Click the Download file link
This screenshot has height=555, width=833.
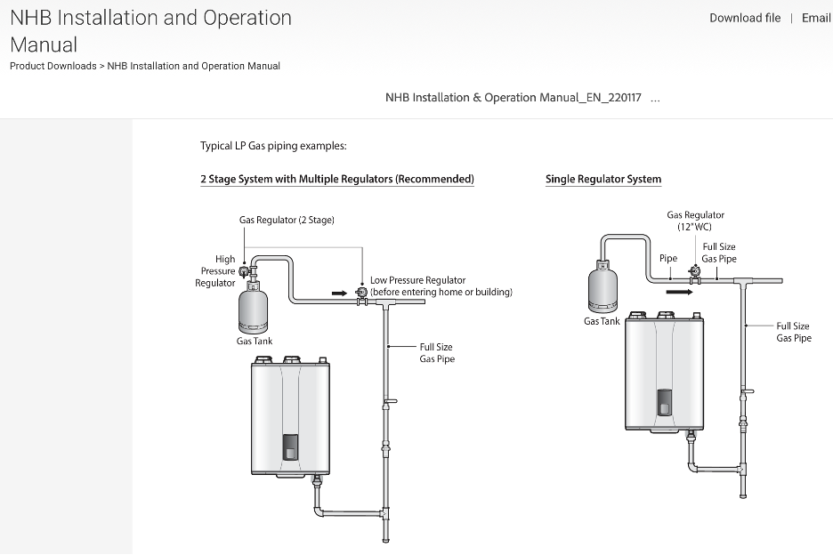745,18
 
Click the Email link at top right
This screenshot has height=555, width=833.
815,18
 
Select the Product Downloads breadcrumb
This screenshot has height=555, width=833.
53,66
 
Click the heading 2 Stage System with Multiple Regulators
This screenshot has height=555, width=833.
337,179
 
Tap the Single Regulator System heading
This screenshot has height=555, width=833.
603,179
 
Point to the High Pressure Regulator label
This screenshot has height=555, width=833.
216,271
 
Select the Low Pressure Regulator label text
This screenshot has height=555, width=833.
441,286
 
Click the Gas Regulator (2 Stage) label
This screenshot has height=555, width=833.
287,220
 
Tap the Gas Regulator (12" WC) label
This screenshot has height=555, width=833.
695,221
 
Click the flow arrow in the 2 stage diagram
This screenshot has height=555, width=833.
339,292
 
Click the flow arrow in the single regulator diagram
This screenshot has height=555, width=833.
679,290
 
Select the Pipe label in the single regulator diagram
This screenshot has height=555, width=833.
668,259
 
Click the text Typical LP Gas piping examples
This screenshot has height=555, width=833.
273,146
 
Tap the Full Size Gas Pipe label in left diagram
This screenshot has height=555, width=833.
436,353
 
